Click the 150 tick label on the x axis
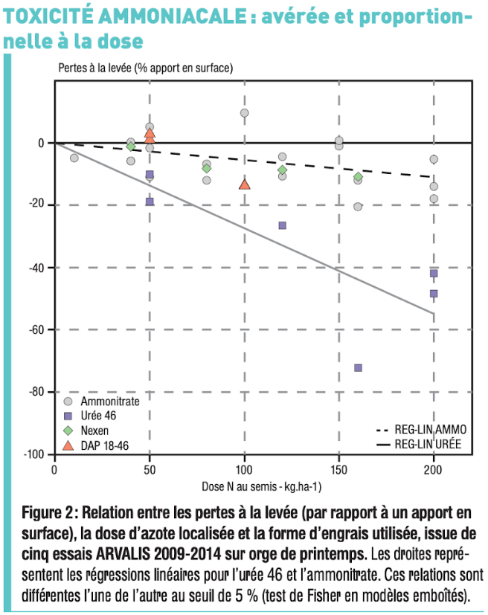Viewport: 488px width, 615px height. [x=338, y=471]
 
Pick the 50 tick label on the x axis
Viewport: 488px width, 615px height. [x=149, y=471]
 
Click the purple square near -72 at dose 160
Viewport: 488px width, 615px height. [x=358, y=367]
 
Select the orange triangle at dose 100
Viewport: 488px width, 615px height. [x=244, y=184]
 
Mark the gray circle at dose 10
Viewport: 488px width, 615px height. [x=74, y=158]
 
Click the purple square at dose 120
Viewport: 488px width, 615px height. [x=282, y=225]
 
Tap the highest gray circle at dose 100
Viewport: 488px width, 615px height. [x=244, y=113]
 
